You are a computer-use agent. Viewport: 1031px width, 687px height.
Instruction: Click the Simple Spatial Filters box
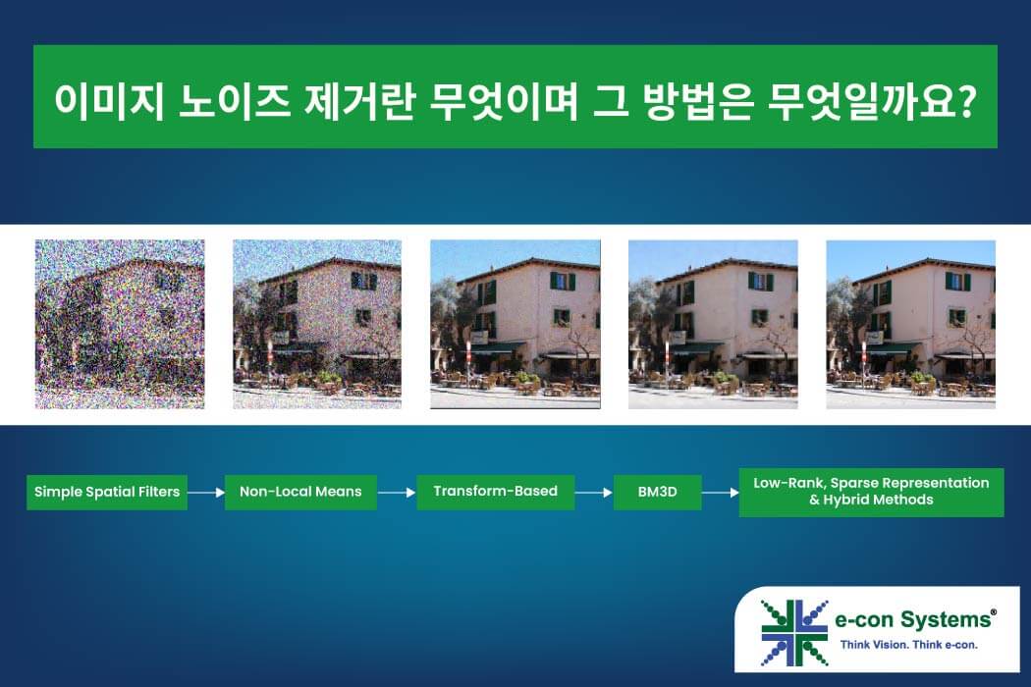pos(106,492)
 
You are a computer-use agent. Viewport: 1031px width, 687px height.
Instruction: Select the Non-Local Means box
pos(300,492)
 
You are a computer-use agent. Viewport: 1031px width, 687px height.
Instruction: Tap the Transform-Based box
pos(495,492)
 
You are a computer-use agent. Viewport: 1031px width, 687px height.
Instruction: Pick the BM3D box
pos(657,492)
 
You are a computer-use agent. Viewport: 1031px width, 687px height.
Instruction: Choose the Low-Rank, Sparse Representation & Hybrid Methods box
pos(871,492)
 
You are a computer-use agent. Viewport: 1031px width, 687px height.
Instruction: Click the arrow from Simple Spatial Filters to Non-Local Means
pos(206,492)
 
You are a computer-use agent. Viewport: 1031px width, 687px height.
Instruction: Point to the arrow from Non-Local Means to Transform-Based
pos(397,492)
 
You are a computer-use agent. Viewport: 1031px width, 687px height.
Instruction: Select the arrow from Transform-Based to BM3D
pos(594,492)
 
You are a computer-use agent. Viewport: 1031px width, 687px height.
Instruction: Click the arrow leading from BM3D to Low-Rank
pos(720,492)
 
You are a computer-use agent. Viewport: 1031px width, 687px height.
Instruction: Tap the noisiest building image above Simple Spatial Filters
pos(120,324)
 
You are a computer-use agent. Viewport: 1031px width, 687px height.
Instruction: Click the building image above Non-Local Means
pos(317,324)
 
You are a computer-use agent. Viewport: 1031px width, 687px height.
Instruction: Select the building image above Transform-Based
pos(515,324)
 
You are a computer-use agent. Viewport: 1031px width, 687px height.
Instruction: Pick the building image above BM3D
pos(713,324)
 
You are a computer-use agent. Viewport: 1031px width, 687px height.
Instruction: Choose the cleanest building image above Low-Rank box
pos(910,324)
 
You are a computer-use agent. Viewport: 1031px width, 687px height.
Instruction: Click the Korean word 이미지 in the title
pos(108,101)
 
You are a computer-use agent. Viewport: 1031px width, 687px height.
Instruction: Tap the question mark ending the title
pos(965,100)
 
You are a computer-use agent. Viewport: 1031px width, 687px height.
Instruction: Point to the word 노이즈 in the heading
pos(234,101)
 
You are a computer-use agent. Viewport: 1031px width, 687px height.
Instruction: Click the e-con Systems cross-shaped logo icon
pos(793,632)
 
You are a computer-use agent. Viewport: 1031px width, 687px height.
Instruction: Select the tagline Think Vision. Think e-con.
pos(908,644)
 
